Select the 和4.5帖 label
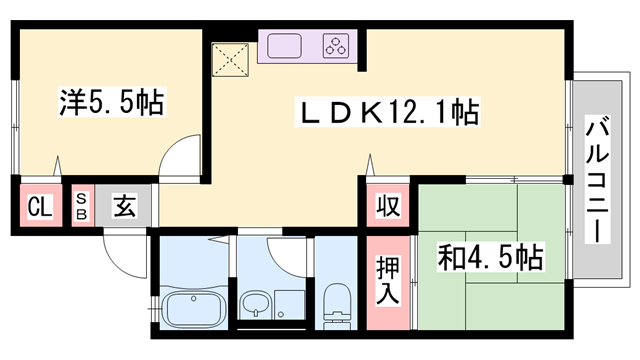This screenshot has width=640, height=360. (490, 259)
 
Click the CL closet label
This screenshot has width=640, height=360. (39, 209)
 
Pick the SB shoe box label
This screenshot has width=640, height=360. (83, 209)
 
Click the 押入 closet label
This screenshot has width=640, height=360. (389, 282)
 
